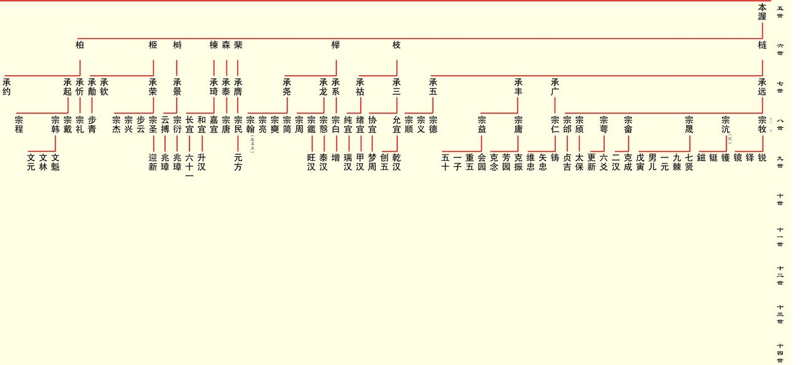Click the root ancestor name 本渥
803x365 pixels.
pyautogui.click(x=762, y=12)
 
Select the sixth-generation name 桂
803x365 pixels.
pyautogui.click(x=762, y=45)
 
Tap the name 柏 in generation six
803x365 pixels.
pyautogui.click(x=80, y=45)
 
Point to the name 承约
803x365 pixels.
pyautogui.click(x=7, y=87)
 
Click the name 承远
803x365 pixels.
pyautogui.click(x=762, y=87)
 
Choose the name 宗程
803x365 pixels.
pyautogui.click(x=19, y=124)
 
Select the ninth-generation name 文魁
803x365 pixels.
pyautogui.click(x=55, y=162)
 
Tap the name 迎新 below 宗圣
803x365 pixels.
pyautogui.click(x=153, y=162)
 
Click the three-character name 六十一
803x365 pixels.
pyautogui.click(x=189, y=166)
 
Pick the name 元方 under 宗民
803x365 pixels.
pyautogui.click(x=238, y=162)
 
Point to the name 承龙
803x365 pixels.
pyautogui.click(x=324, y=87)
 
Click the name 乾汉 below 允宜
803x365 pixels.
pyautogui.click(x=396, y=162)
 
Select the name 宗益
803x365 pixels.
pyautogui.click(x=482, y=124)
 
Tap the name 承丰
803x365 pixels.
pyautogui.click(x=518, y=87)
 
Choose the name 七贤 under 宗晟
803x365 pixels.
pyautogui.click(x=689, y=162)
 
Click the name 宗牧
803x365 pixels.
pyautogui.click(x=762, y=124)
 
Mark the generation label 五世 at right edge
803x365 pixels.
pyautogui.click(x=780, y=12)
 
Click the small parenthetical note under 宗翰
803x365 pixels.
pyautogui.click(x=252, y=144)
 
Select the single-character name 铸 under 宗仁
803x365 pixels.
pyautogui.click(x=555, y=158)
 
